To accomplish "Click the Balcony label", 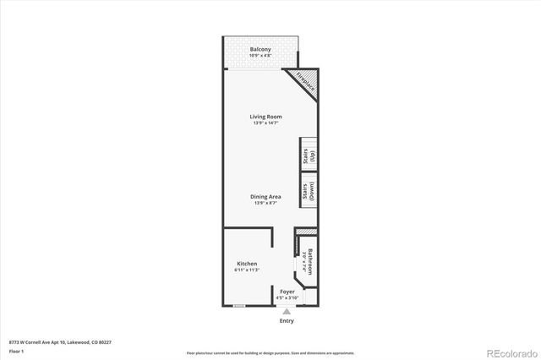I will [260, 50].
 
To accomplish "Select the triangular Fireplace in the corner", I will [303, 84].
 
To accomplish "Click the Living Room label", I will [265, 117].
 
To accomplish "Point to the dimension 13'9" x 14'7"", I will [265, 123].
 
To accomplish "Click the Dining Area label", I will [265, 196].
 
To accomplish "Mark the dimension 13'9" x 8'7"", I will [265, 203].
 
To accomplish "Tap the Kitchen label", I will [246, 264].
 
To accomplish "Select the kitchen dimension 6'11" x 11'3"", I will [246, 270].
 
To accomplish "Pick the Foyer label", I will [287, 291].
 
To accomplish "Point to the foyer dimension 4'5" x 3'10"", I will [287, 297].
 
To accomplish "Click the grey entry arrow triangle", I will [286, 311].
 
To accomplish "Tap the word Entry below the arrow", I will [287, 321].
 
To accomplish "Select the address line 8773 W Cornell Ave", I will [59, 342].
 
